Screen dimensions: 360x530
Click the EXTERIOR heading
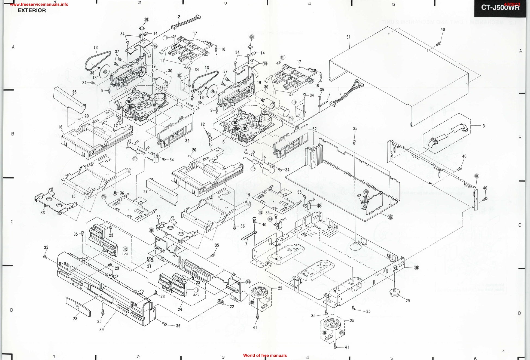[x=32, y=11]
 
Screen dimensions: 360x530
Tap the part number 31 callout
[x=348, y=37]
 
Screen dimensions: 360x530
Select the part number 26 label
[x=74, y=92]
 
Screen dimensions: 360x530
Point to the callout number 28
[x=75, y=319]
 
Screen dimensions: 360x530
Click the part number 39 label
[x=101, y=330]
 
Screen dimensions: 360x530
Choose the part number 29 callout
[x=407, y=301]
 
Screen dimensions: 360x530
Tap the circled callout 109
[x=416, y=267]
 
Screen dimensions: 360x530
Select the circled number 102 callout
[x=390, y=217]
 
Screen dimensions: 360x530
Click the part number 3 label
[x=483, y=126]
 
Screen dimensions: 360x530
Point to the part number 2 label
[x=179, y=17]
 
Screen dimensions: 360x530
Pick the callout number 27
[x=145, y=192]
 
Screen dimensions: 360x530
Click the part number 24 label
[x=180, y=309]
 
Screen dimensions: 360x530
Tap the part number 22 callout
[x=232, y=307]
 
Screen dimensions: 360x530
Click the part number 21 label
[x=149, y=266]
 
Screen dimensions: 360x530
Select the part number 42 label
[x=359, y=196]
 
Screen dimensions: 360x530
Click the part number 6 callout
[x=223, y=142]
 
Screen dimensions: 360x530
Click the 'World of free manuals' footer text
[x=265, y=355]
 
